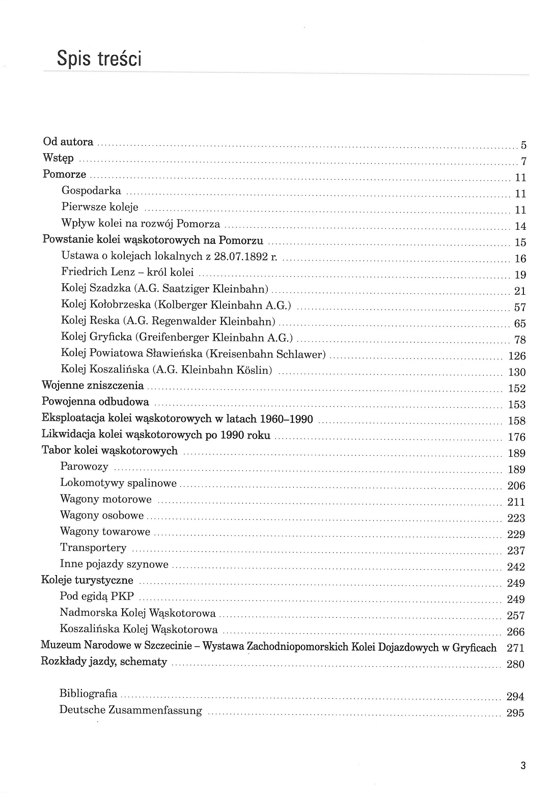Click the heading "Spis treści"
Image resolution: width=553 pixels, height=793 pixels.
click(x=99, y=59)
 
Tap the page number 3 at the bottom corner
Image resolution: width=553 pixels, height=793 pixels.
click(x=522, y=765)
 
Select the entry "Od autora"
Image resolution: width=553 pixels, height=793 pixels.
click(x=68, y=142)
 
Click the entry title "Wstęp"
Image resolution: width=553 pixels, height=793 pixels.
click(x=58, y=158)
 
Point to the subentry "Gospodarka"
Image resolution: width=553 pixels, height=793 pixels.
click(x=91, y=191)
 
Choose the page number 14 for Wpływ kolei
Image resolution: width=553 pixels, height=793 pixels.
click(x=520, y=226)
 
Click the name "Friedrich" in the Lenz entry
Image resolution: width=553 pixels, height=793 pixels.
click(x=83, y=272)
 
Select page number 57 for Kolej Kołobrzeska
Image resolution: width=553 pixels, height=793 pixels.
click(x=520, y=307)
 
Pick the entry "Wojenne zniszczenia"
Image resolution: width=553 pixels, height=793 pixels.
click(x=93, y=386)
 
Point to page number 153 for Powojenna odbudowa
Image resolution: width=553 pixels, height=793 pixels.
click(x=517, y=404)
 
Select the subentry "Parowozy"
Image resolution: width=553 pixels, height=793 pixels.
click(x=84, y=467)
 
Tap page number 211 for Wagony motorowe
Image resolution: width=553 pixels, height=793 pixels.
click(x=516, y=502)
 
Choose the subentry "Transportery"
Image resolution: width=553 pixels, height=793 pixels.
click(x=93, y=548)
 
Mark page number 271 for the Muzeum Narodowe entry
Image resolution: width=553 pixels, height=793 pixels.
click(x=516, y=648)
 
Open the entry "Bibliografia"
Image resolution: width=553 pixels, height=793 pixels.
click(x=88, y=693)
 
